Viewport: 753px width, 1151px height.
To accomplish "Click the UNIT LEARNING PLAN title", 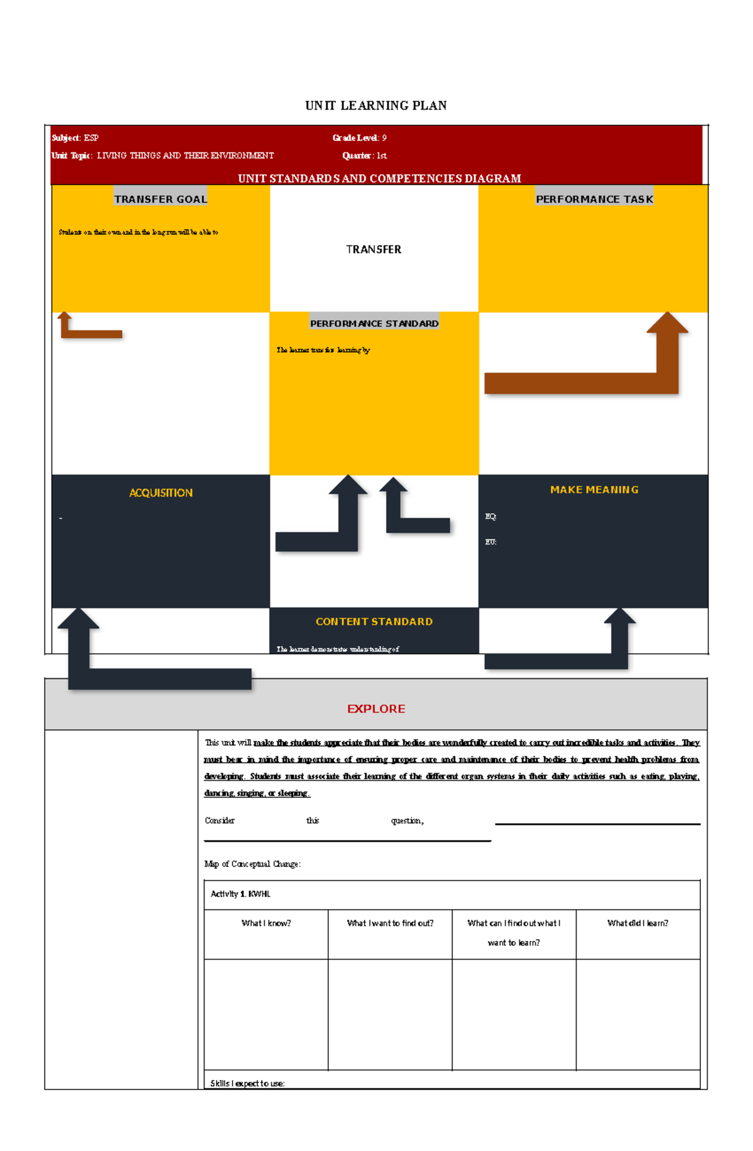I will (376, 105).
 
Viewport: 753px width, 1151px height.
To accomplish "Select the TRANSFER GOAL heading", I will (161, 199).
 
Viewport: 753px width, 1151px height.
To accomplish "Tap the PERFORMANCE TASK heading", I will (594, 199).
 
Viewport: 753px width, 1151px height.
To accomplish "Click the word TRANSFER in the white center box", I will (373, 249).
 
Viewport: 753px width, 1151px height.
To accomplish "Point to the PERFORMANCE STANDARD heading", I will (374, 323).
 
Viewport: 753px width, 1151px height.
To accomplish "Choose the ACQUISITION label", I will (161, 493).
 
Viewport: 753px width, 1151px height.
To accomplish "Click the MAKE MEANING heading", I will (594, 490).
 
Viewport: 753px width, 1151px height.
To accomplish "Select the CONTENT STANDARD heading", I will (374, 622).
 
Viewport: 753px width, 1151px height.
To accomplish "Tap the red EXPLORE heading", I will (376, 709).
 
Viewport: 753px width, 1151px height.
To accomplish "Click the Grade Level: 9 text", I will (359, 138).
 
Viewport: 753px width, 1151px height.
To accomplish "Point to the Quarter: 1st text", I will (364, 156).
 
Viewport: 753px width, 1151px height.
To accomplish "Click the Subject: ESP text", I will (75, 138).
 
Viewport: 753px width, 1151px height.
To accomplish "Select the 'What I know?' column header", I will (266, 923).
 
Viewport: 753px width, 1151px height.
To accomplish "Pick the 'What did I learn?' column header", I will (638, 923).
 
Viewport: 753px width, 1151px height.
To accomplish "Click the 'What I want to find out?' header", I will (390, 923).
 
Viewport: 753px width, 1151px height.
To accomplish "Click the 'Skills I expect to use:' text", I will (247, 1083).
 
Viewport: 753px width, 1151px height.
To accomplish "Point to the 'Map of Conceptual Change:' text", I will (252, 864).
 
